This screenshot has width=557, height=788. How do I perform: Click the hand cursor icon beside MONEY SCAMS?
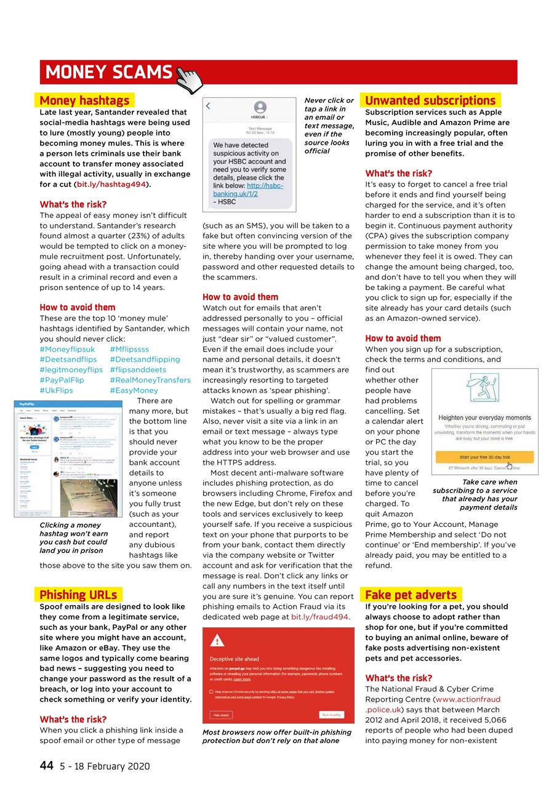click(x=190, y=79)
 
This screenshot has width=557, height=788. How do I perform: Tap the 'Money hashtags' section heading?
click(x=84, y=100)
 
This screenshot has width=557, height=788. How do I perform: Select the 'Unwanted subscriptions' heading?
click(x=430, y=100)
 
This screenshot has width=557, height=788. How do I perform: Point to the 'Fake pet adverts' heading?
click(x=411, y=594)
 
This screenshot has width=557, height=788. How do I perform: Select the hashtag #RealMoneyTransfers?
click(x=150, y=380)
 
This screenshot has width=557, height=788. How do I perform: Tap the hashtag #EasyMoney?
click(x=134, y=390)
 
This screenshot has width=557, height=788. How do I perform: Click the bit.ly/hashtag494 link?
click(x=111, y=184)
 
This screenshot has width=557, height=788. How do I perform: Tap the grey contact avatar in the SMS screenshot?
click(x=260, y=107)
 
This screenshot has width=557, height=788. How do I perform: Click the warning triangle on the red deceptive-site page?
click(x=217, y=640)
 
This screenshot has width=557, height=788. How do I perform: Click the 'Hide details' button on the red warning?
click(x=222, y=715)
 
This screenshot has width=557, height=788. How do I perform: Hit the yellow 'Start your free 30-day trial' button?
click(x=484, y=457)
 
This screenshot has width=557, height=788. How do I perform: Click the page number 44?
click(x=46, y=766)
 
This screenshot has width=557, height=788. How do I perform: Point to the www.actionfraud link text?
click(x=468, y=699)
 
